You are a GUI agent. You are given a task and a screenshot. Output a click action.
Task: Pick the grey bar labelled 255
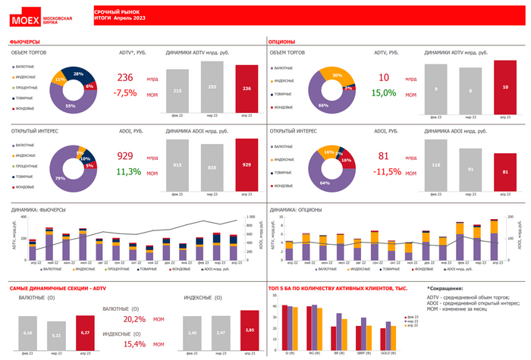212,87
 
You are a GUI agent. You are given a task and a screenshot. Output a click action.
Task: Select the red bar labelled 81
505,172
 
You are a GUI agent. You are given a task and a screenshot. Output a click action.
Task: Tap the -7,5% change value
125,93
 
